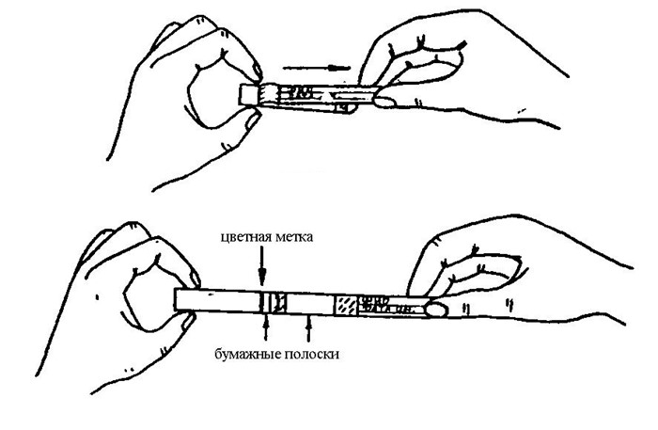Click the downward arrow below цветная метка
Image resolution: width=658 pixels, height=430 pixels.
point(262,269)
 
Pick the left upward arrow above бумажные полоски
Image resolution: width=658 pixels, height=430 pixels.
point(270,328)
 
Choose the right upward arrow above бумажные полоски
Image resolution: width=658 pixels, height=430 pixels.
point(310,328)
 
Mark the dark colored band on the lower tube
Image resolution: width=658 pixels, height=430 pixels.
point(264,302)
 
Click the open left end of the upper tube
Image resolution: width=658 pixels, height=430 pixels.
point(248,96)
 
